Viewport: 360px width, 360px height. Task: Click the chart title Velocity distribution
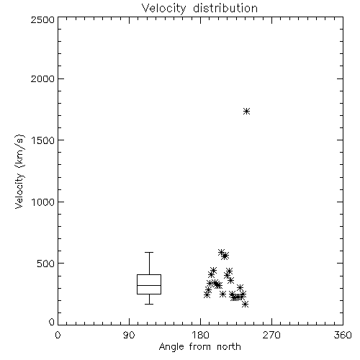(199, 8)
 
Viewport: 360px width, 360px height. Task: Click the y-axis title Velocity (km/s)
(19, 171)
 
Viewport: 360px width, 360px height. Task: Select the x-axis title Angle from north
(199, 347)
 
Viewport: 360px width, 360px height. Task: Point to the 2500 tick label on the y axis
(42, 19)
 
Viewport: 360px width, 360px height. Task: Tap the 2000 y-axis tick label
(42, 78)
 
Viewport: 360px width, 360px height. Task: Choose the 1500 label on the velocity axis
(43, 140)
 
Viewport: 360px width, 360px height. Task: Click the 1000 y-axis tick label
(43, 202)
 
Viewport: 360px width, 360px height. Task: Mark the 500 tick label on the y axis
(46, 264)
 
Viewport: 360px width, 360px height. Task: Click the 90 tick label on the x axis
(129, 335)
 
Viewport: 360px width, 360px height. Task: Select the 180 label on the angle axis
(200, 335)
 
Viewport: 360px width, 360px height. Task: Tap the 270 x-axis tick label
(271, 335)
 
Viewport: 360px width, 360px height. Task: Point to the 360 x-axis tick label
(343, 335)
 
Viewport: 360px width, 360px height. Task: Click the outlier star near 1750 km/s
(246, 112)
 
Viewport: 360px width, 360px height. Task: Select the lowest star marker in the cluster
(245, 305)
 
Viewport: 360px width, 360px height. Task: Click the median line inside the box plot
(149, 285)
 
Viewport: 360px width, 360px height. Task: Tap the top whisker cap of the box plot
(149, 252)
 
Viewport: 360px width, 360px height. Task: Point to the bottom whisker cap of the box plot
(149, 304)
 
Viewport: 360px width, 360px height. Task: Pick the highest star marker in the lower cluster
(221, 252)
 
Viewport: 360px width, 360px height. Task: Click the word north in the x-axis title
(229, 347)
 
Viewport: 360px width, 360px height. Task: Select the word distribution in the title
(225, 8)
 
